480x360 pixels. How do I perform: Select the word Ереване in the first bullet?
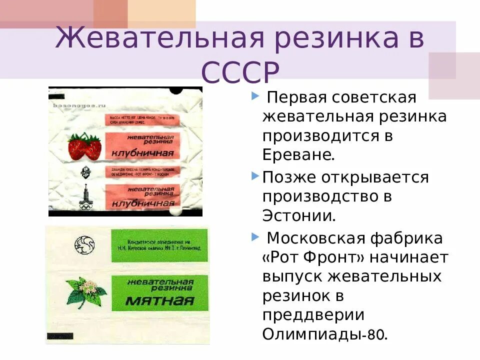(x=298, y=154)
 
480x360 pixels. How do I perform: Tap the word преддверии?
(x=312, y=315)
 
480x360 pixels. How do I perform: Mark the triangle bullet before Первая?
(x=256, y=95)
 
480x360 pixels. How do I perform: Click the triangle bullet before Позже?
(x=255, y=175)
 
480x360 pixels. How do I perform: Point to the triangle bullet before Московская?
(x=256, y=235)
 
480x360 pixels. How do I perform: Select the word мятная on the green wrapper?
(x=159, y=300)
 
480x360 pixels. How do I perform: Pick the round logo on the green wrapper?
(x=84, y=244)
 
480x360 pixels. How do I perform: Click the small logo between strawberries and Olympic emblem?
(x=85, y=172)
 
